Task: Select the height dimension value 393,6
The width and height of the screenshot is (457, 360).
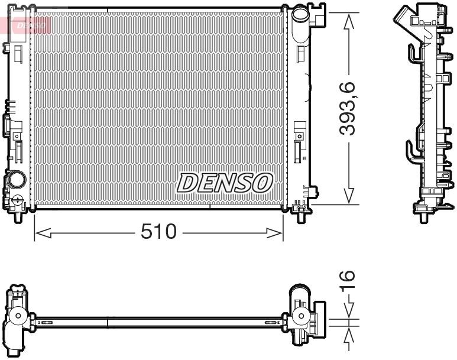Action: pos(347,109)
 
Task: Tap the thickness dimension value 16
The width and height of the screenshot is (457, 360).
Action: pos(347,280)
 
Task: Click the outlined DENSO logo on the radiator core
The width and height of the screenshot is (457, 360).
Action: pos(223,183)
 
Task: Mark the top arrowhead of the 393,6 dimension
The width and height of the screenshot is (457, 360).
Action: pos(349,18)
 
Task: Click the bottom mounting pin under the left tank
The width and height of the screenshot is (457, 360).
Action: pos(18,216)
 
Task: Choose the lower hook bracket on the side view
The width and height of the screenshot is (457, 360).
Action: pos(412,151)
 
